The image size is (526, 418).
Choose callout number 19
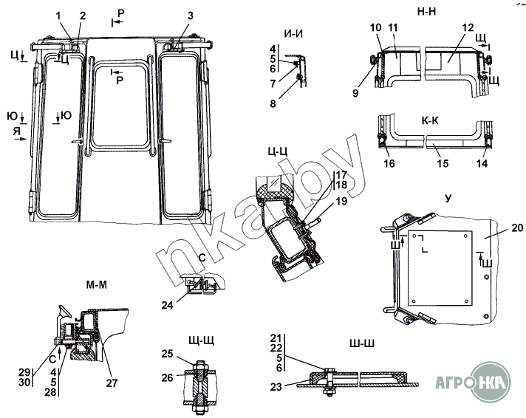click(340, 200)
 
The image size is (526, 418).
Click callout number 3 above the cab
click(191, 16)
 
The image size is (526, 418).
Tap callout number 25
click(168, 353)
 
